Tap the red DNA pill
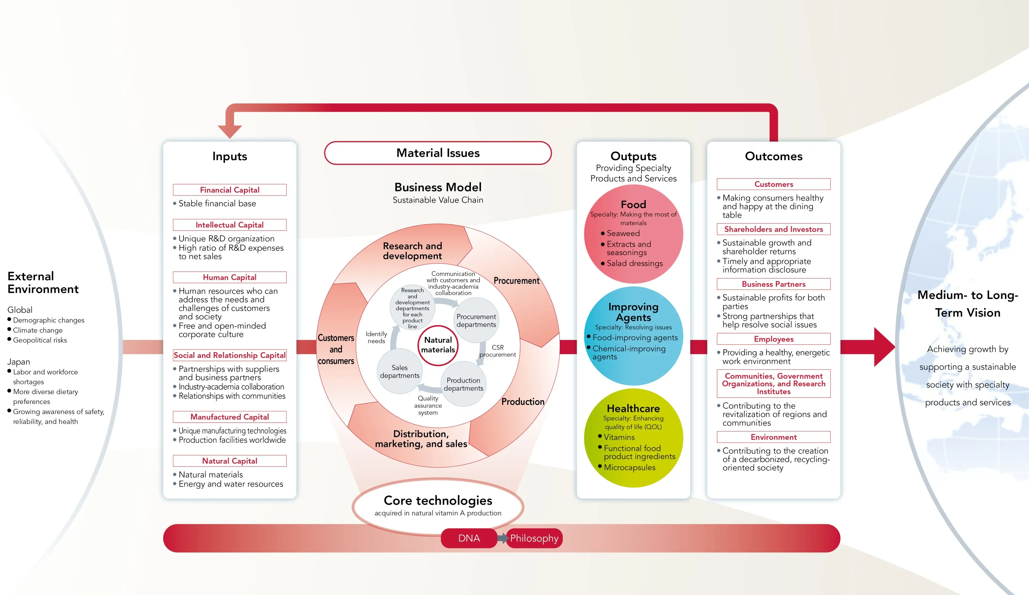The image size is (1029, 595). point(469,538)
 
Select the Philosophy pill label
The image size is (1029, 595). point(534,538)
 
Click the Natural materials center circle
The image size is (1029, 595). point(438,345)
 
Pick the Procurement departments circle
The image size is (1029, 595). point(476,321)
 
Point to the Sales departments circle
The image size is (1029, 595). point(399,371)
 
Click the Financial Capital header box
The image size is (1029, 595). point(229,190)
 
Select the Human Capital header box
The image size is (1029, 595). point(229,277)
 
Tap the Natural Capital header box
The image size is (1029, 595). point(229,461)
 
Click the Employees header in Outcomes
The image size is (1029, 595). point(773,339)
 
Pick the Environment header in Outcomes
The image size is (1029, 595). point(773,437)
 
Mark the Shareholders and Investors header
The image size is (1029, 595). point(773,229)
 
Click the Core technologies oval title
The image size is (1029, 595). point(438,501)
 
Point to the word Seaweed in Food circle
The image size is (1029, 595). point(623,233)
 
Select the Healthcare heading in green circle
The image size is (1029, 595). point(633,408)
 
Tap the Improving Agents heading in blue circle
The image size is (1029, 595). point(633,312)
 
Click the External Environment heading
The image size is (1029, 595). point(43,283)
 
